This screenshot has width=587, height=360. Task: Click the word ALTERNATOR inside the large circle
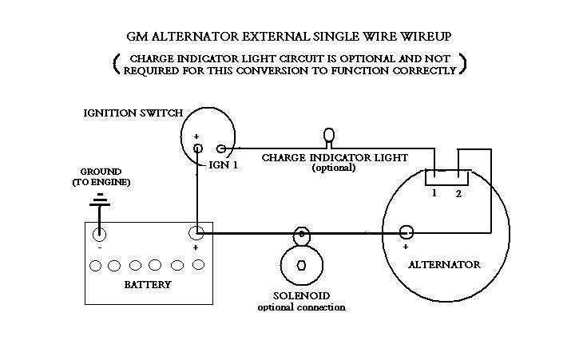coord(445,264)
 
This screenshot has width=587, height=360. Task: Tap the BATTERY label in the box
coord(149,284)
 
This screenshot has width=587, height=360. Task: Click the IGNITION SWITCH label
coord(133,113)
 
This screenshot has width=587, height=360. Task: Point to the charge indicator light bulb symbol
coord(327,136)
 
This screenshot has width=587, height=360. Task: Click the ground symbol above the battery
coord(99,199)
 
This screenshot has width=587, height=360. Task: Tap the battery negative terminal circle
coord(99,234)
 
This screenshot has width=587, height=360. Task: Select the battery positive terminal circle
coord(196,234)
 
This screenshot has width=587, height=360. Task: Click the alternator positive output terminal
coord(407,233)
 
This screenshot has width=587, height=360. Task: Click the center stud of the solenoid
coord(301,265)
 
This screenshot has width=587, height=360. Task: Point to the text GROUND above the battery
coord(101,172)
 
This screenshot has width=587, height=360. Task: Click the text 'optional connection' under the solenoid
coord(301,307)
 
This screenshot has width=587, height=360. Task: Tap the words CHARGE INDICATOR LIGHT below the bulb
coord(335,157)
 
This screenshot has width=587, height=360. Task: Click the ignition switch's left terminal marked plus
coord(197,148)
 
